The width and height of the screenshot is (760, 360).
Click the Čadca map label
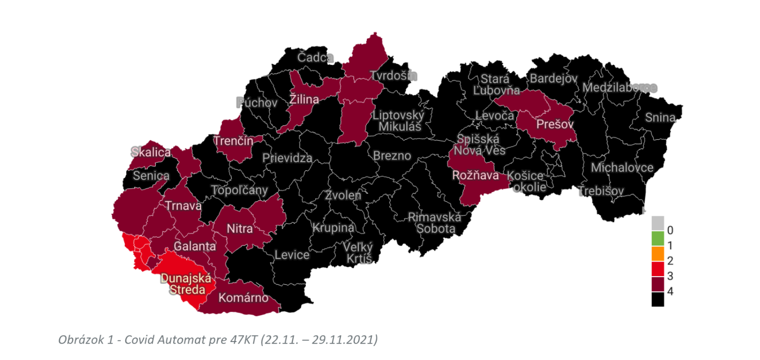point(315,58)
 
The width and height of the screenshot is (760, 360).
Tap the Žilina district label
point(304,100)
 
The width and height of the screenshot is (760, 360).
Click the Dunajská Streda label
point(186,285)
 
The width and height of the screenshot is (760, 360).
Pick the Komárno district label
point(242,299)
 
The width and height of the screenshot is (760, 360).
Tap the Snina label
point(660,118)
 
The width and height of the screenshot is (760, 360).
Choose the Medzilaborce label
point(619,88)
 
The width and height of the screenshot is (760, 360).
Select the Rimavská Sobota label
point(432,223)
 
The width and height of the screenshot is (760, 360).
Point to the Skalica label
point(151,152)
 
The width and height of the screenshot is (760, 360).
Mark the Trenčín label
point(233,141)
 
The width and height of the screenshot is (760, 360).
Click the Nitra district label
point(240,229)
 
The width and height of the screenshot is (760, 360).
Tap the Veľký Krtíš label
point(358,253)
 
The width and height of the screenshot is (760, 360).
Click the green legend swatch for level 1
point(658,239)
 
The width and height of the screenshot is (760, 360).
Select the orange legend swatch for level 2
point(658,254)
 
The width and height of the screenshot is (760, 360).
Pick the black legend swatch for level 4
point(658,299)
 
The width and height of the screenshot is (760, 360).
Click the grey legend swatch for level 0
point(658,223)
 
